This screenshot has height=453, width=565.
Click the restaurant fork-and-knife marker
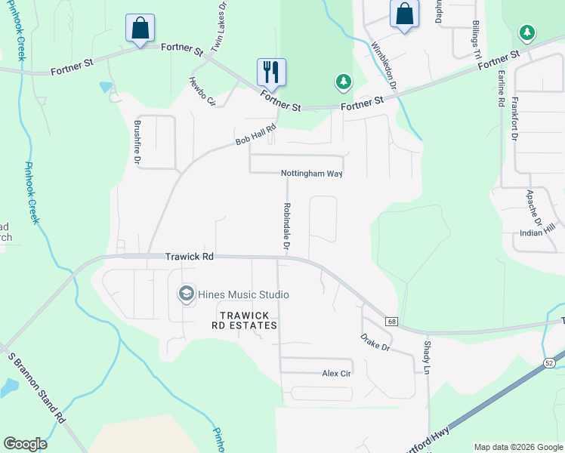coord(271,72)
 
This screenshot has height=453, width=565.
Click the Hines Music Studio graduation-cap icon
coord(186,294)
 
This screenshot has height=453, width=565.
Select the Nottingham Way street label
coord(312,174)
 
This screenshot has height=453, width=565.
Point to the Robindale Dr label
coord(286,226)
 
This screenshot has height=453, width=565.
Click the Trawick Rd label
coord(190,257)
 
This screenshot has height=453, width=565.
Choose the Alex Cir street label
coord(337,374)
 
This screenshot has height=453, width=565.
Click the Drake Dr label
coord(375,343)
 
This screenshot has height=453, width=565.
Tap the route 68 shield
coord(391,322)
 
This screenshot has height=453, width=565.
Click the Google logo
coord(25,444)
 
